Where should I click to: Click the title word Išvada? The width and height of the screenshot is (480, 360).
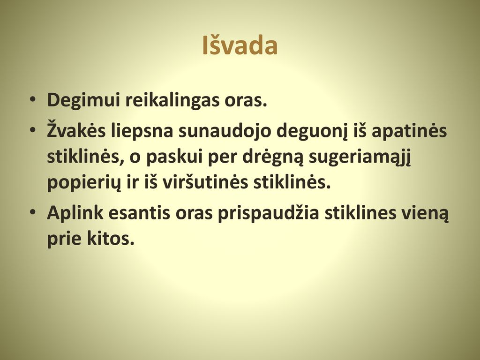pos(240,45)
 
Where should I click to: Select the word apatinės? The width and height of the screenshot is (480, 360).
pos(409,130)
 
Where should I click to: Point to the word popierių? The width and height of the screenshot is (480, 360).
pos(84,184)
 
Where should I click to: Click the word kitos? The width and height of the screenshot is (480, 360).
pos(111,239)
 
